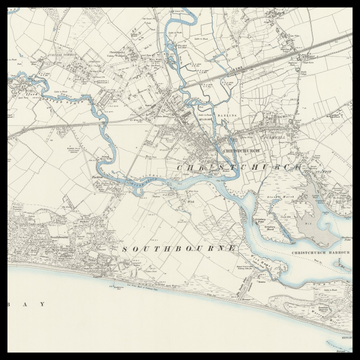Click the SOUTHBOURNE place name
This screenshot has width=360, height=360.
point(180,246)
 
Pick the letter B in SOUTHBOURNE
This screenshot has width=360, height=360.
point(177,246)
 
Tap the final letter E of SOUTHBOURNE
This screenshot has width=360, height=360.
point(234,246)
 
